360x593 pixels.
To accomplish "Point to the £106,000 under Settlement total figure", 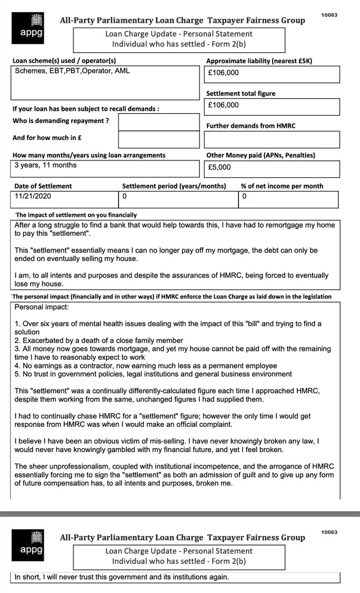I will tap(224, 105).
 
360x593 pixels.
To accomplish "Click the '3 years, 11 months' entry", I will tap(45, 165).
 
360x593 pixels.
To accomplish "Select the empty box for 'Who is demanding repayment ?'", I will tap(159, 122).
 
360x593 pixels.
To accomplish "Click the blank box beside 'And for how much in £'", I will tap(159, 139).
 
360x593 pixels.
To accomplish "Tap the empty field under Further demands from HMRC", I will tap(272, 139).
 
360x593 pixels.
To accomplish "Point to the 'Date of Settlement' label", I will tap(42, 186).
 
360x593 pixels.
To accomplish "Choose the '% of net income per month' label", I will tap(282, 186).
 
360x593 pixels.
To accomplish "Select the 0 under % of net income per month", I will tap(244, 196).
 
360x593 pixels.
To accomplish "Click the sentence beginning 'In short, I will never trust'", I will tap(122, 577).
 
